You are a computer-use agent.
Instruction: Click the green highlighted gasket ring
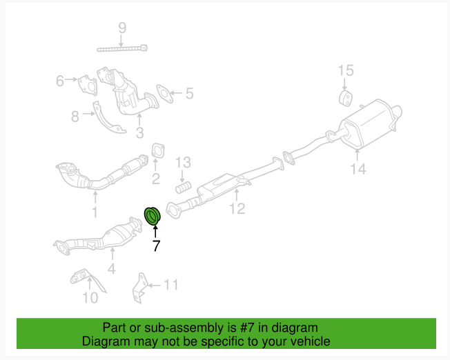coord(152,216)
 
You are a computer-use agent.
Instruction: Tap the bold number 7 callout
coord(156,246)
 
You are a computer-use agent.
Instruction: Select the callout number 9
coord(122,28)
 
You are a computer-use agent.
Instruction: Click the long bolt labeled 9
coord(123,48)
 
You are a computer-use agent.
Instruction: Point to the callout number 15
coord(345,70)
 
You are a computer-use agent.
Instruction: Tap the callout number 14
coord(358,169)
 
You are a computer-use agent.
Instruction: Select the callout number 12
coord(237,208)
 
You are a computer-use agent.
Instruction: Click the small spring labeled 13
coord(184,186)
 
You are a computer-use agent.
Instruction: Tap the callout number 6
coord(60,81)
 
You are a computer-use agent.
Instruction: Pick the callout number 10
coord(90,298)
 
